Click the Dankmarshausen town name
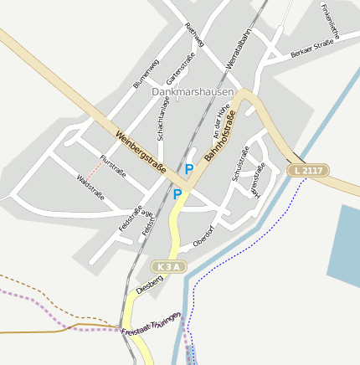[192, 91]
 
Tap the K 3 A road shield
[167, 266]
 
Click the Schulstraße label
[240, 162]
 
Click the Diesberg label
[149, 280]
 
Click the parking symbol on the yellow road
[177, 194]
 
